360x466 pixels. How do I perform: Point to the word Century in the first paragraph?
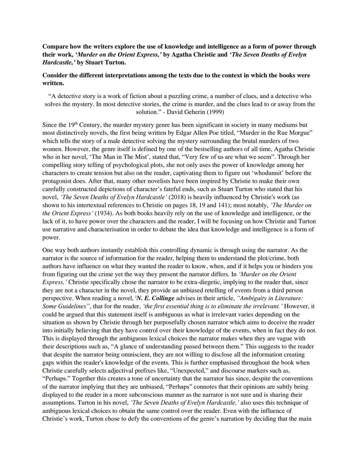(x=90, y=125)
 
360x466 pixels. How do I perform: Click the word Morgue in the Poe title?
(x=300, y=133)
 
